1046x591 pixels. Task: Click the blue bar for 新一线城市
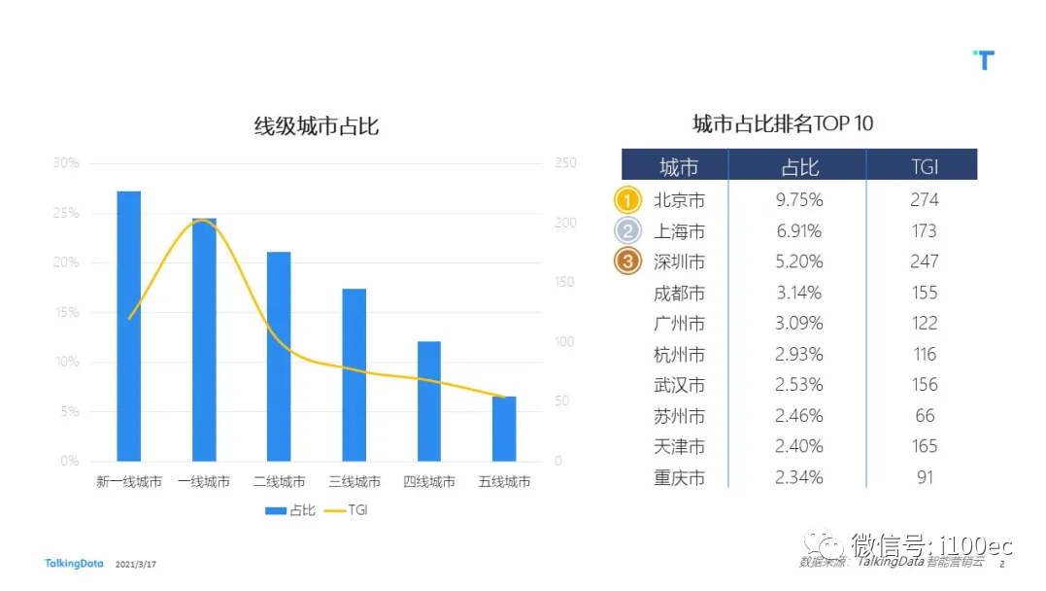[129, 326]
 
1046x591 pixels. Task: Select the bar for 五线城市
[504, 429]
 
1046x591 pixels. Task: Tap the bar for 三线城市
[354, 374]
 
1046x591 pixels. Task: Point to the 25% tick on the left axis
[66, 213]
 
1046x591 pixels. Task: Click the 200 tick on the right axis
[565, 223]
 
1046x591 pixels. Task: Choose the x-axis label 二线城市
[279, 482]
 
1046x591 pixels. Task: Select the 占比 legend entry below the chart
[288, 510]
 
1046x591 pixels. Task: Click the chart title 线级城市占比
[316, 126]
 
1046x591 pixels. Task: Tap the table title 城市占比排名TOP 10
[782, 123]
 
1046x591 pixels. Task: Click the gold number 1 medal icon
[628, 200]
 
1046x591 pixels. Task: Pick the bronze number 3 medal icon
[628, 261]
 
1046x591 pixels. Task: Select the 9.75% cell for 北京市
[798, 200]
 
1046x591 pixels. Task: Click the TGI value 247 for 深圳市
[924, 261]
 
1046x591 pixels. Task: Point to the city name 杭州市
[679, 354]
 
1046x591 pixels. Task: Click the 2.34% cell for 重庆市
[798, 477]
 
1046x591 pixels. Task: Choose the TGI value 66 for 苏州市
[924, 416]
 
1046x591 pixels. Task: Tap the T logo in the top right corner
[984, 60]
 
